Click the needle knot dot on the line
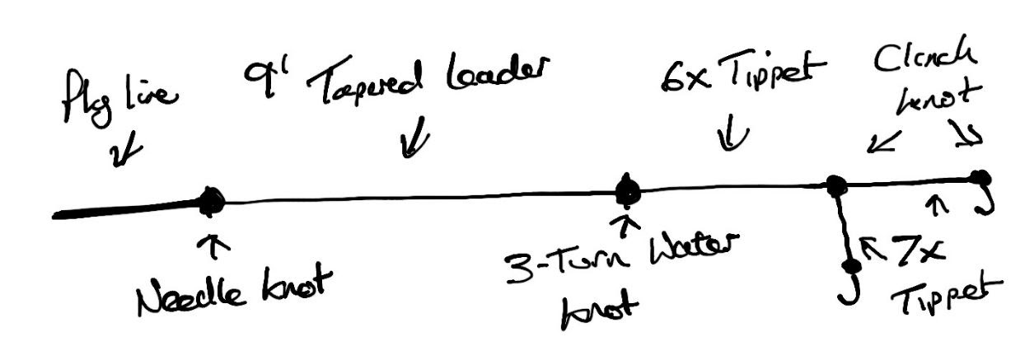tap(211, 200)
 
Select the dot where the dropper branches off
tap(836, 186)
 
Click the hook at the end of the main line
tap(982, 198)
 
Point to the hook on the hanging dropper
tap(848, 284)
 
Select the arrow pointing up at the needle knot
tap(219, 245)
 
